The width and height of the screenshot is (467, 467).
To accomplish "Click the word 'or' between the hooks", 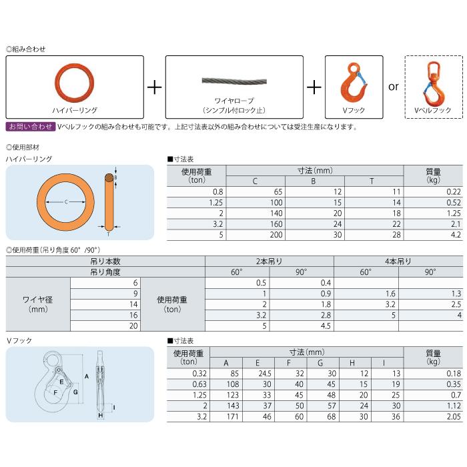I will coord(393,87).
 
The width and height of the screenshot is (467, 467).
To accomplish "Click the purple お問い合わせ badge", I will coord(30,126).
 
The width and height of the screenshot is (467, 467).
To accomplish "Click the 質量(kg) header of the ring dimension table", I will coord(433,175).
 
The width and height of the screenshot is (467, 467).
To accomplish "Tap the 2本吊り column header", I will coord(268,262).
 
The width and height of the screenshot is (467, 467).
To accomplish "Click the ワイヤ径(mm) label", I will coord(38,304).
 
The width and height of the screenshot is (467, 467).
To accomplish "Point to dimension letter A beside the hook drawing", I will coord(87,378).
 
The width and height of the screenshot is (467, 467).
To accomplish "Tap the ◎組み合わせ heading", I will coord(26,49).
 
